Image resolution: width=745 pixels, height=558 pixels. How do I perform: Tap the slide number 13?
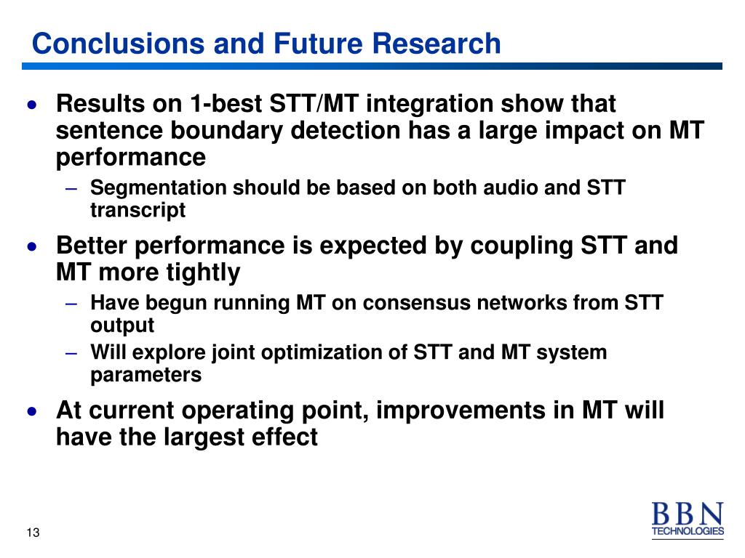tap(33, 533)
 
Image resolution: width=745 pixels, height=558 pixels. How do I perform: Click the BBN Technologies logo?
tap(688, 520)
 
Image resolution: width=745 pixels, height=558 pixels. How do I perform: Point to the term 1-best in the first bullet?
tap(226, 103)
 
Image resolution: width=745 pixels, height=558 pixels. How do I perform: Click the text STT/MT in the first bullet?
tap(314, 103)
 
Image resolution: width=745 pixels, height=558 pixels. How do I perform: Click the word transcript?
tap(138, 210)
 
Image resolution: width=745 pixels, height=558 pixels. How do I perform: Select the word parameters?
tap(146, 376)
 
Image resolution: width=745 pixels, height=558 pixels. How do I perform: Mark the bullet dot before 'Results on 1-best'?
tap(32, 105)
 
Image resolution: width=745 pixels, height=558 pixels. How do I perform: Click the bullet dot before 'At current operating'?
tap(32, 411)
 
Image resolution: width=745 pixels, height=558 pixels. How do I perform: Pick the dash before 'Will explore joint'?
tap(71, 354)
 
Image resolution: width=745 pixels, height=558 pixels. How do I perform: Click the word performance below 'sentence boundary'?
tap(131, 158)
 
